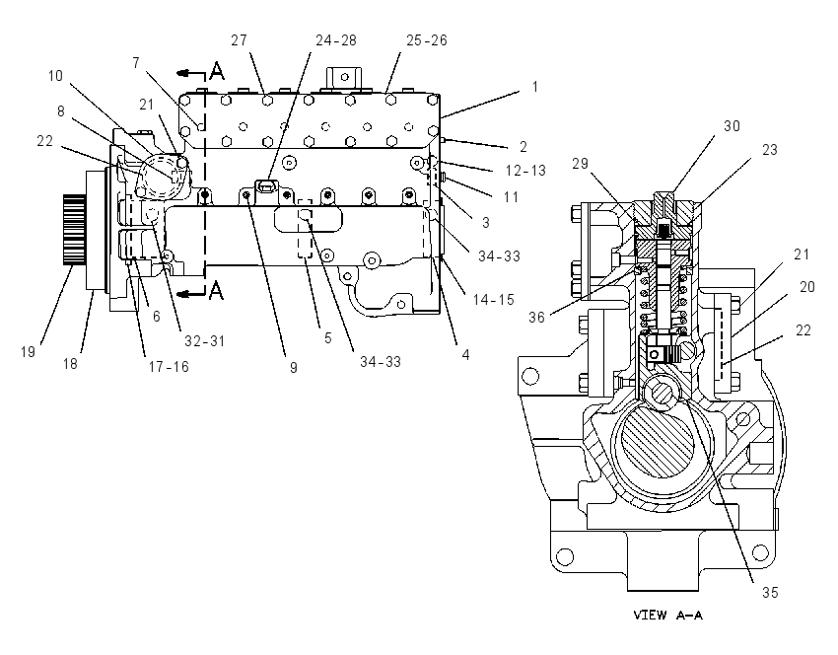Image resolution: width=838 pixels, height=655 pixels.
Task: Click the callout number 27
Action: coord(239,40)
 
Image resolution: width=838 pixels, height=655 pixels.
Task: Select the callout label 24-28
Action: coord(336,40)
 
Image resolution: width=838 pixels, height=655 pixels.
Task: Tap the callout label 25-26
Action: coord(427,40)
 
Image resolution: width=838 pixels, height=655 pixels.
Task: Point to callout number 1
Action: coord(535,87)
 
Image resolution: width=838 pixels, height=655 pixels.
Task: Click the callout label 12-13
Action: coord(525,171)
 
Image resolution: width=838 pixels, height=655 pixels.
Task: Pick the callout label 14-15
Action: coord(493,300)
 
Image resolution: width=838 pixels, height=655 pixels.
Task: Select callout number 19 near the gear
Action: coord(28,352)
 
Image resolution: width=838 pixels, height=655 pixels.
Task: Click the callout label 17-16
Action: coord(169,367)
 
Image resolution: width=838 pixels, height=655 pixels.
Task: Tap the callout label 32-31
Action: coord(205,340)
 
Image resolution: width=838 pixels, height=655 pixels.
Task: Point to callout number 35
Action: coord(770,593)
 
